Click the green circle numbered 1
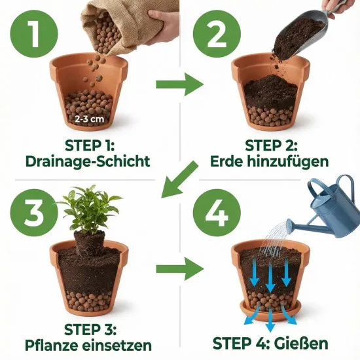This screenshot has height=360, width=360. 34,34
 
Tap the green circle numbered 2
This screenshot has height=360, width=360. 217,34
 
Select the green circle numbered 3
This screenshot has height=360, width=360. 34,213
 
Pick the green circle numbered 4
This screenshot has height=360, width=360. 217,213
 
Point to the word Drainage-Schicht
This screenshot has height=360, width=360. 88,161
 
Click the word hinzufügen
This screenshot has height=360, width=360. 288,162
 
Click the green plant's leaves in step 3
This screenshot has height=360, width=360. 89,207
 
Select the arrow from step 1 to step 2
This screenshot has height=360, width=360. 180,84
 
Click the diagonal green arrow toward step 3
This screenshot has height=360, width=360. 179,180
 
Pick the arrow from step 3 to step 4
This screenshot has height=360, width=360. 180,269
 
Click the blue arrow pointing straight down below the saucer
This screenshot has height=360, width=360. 270,320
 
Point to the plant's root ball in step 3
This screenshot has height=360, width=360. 90,244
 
